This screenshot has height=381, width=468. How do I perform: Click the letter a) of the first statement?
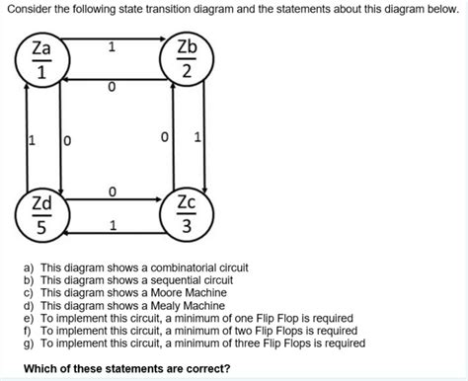tap(28, 267)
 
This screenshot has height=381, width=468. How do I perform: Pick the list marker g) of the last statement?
tap(28, 343)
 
